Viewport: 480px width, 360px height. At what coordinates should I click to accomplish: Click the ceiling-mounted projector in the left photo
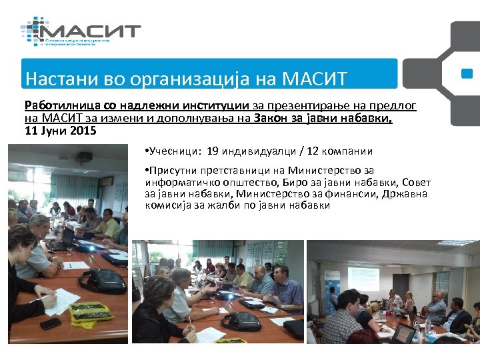pos(83,158)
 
